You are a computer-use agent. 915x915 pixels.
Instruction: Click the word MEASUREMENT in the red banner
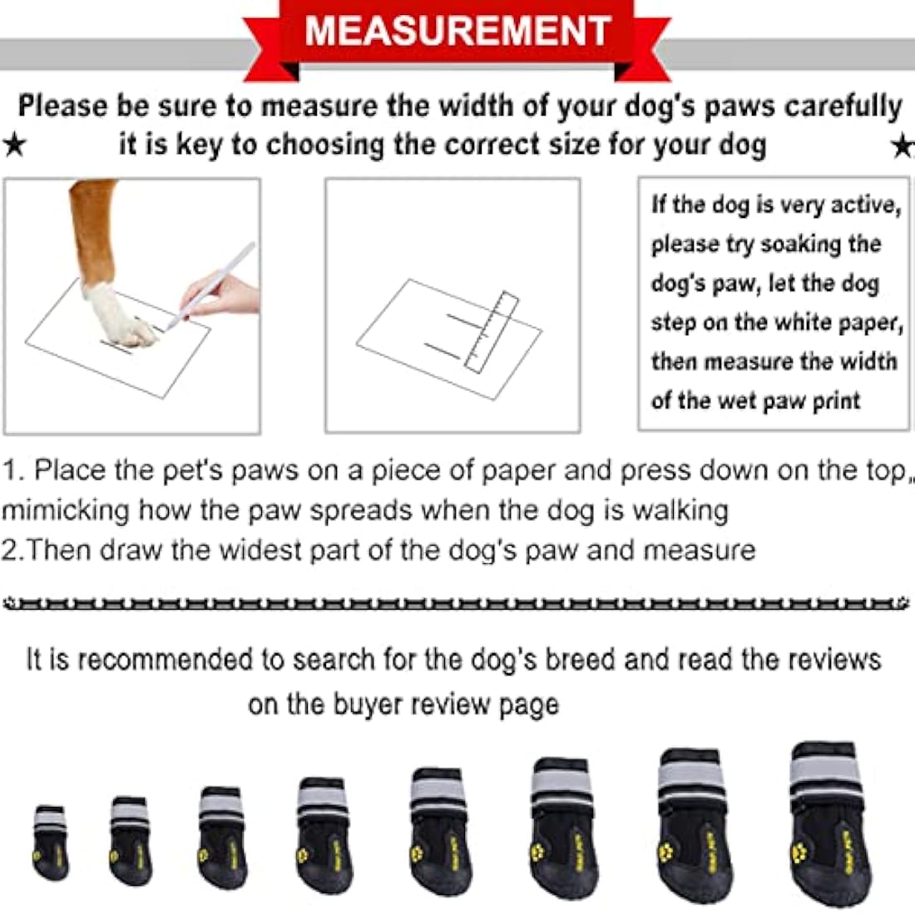pos(458,31)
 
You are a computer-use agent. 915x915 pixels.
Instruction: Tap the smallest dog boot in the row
pos(50,841)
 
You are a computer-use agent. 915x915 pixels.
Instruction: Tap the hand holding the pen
pos(220,295)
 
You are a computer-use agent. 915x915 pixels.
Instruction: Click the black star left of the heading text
pos(14,146)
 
